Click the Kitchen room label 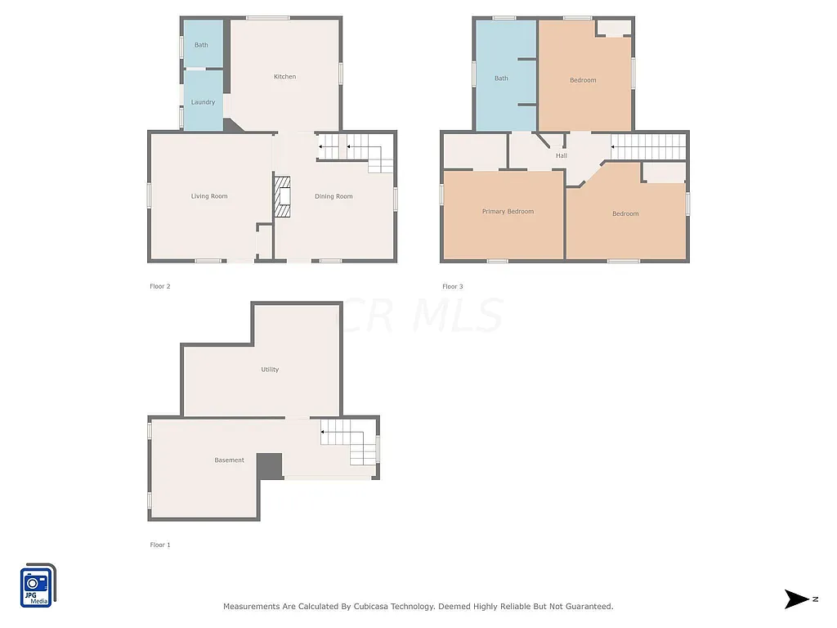tap(284, 77)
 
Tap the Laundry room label tap(203, 102)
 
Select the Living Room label tap(209, 196)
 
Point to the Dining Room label tap(333, 196)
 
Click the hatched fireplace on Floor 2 tap(283, 197)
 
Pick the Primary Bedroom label tap(508, 212)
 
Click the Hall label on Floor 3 tap(562, 155)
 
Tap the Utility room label tap(270, 370)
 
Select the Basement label tap(229, 460)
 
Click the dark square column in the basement tap(270, 466)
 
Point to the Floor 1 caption tap(160, 545)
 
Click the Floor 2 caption tap(160, 286)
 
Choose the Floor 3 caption tap(453, 286)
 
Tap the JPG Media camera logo tap(38, 586)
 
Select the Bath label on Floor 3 tap(501, 78)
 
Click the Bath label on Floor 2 tap(201, 45)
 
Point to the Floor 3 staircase tap(648, 147)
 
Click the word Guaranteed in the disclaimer tap(585, 607)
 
